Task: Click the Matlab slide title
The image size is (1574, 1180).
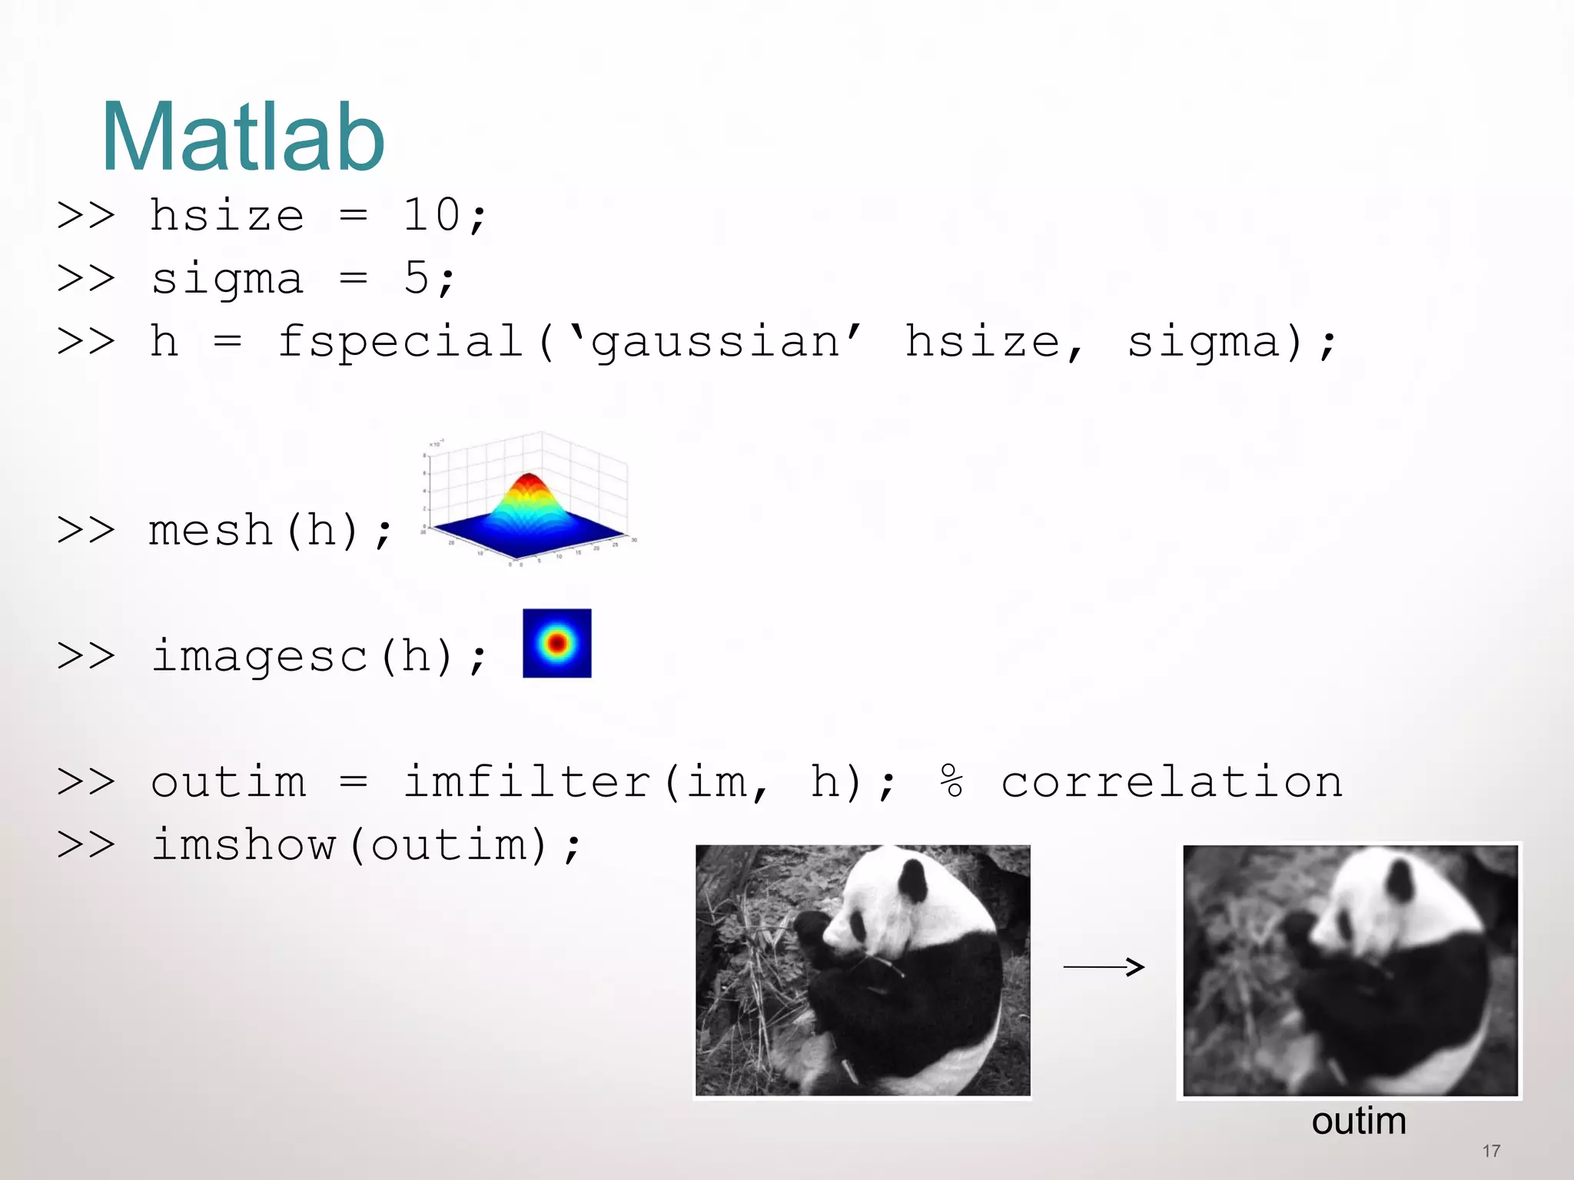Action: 243,138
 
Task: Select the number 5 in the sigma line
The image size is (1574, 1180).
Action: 416,278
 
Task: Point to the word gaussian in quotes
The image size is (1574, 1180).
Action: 715,343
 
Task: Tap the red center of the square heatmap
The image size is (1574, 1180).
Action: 557,643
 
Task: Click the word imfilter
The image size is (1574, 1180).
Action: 527,783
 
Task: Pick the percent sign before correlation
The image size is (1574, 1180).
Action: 951,781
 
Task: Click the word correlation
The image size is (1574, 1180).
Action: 1171,783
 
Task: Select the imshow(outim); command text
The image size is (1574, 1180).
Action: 364,846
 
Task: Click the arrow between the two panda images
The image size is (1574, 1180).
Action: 1104,966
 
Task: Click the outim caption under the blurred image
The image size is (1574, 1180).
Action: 1359,1122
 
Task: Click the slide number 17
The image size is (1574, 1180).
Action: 1491,1151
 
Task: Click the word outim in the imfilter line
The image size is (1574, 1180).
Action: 228,783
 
